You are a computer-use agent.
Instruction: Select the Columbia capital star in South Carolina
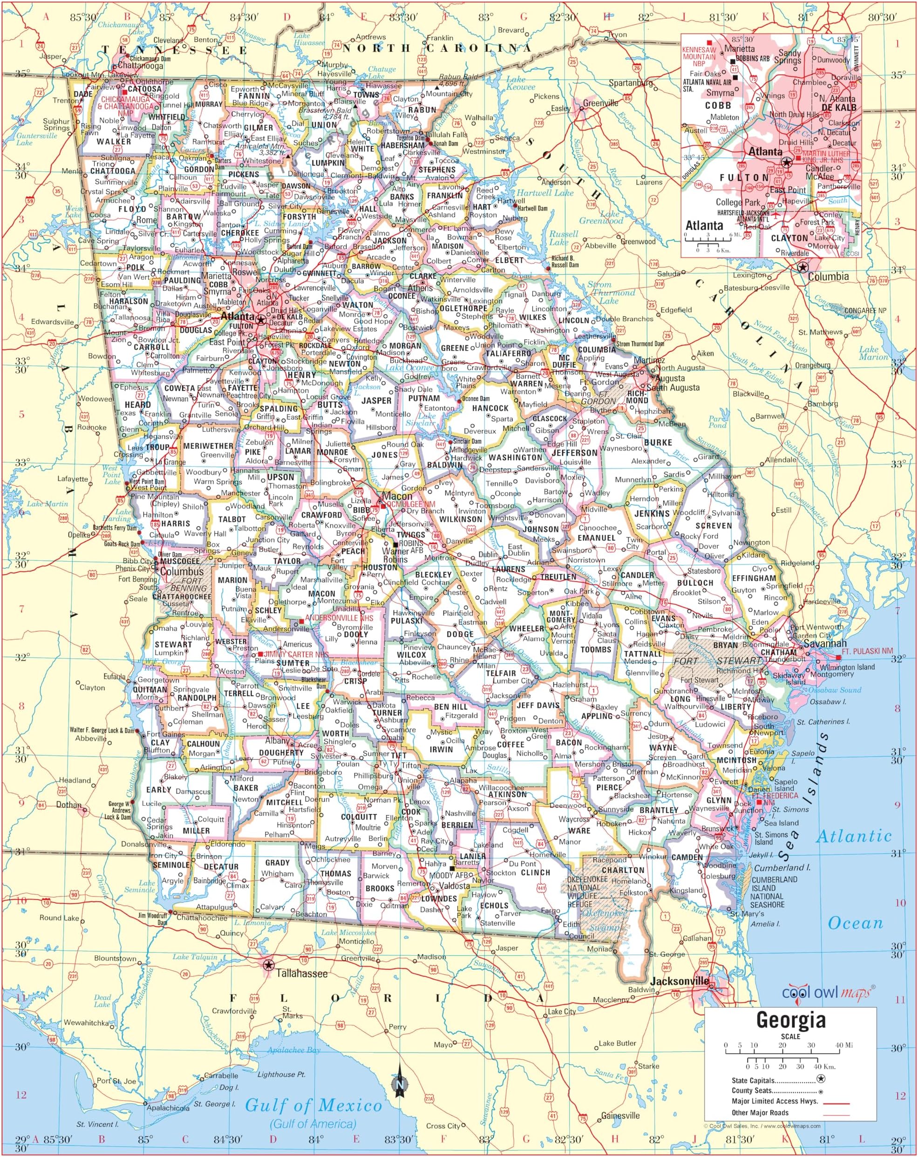point(802,267)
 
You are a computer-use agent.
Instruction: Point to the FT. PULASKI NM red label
point(868,651)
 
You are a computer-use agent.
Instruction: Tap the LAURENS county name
point(508,569)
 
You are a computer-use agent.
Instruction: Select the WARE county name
point(579,831)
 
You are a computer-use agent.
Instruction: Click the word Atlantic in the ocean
point(854,836)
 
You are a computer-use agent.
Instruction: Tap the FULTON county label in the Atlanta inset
point(744,177)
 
